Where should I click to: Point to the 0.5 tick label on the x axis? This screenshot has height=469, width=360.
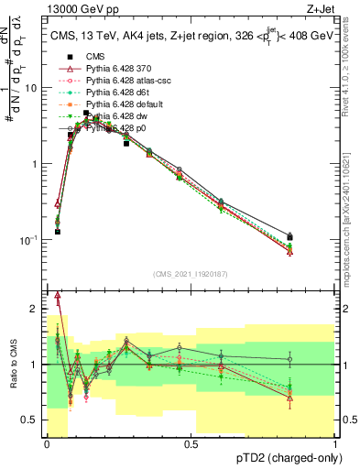[x=191, y=444]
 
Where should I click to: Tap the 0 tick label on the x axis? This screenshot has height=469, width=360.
[x=47, y=444]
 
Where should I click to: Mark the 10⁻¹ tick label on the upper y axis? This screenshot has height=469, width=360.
[x=32, y=240]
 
